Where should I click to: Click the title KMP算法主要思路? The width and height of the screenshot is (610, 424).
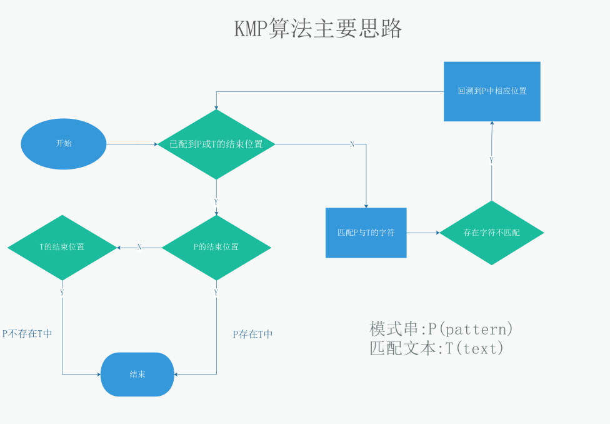click(x=318, y=29)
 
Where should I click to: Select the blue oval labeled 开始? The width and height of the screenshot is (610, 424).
click(x=64, y=144)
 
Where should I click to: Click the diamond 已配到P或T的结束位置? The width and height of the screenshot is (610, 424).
click(x=216, y=144)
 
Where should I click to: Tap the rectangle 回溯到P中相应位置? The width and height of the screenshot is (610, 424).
click(x=492, y=91)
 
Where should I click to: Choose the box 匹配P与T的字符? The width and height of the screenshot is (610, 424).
click(x=366, y=233)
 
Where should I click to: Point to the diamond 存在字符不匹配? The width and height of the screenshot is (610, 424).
click(x=491, y=233)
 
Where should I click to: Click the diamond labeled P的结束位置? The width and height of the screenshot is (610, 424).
click(x=216, y=247)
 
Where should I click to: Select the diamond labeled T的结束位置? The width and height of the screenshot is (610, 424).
click(x=62, y=247)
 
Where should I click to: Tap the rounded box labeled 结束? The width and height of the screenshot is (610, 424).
click(x=137, y=374)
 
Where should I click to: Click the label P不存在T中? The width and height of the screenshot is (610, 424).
click(x=27, y=333)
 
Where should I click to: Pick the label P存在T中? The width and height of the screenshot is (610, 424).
click(x=252, y=334)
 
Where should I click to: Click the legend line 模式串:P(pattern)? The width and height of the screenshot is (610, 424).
click(x=441, y=328)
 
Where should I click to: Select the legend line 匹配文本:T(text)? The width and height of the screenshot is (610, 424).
click(x=436, y=348)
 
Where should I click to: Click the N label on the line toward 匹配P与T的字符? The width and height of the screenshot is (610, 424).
click(x=351, y=144)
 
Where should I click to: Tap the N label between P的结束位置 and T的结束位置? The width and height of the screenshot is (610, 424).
click(x=139, y=248)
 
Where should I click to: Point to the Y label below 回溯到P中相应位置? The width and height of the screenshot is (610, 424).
click(x=491, y=161)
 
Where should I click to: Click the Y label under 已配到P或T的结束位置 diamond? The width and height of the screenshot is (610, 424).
click(x=216, y=203)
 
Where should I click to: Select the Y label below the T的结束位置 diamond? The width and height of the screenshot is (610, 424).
click(x=62, y=293)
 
